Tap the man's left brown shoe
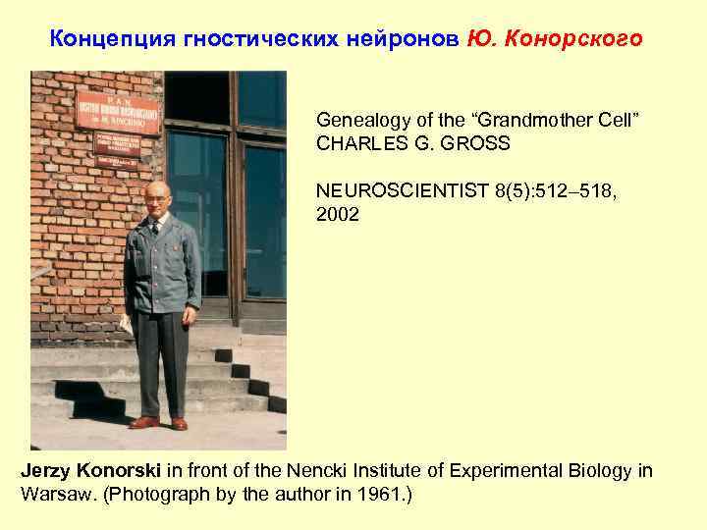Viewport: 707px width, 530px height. pyautogui.click(x=180, y=424)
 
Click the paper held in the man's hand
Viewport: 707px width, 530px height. pyautogui.click(x=127, y=325)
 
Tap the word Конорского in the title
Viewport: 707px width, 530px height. pyautogui.click(x=582, y=39)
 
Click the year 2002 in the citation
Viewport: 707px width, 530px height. pyautogui.click(x=338, y=214)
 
